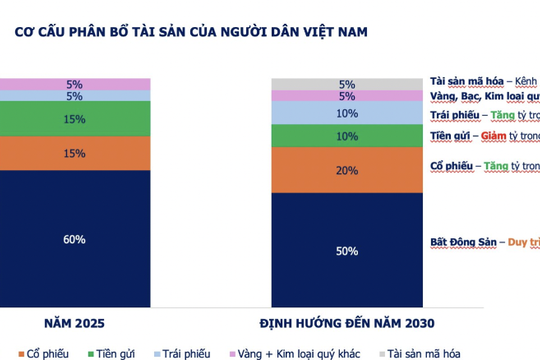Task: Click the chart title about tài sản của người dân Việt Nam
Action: tap(190, 32)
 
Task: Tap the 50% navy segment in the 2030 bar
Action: tap(346, 250)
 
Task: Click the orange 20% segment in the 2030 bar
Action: tap(346, 170)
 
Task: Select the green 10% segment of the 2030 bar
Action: tap(346, 136)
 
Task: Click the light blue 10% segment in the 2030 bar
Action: tap(346, 112)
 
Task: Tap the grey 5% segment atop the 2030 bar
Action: tap(346, 84)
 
